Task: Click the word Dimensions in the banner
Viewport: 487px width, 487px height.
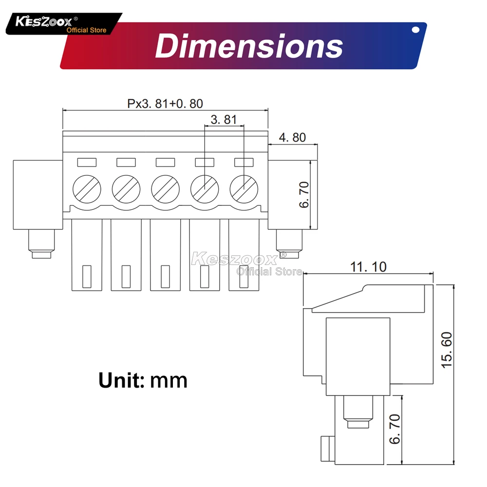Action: click(248, 47)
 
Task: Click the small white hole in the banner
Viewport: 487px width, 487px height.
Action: click(415, 30)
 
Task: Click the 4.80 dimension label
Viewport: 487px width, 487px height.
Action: click(292, 138)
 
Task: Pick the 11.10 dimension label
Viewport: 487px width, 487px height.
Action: click(368, 266)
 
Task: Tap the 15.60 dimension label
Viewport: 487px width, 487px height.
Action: click(447, 350)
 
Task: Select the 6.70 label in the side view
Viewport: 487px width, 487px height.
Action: click(395, 429)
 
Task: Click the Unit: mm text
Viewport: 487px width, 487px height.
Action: click(143, 379)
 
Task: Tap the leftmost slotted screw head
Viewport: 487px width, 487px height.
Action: click(87, 187)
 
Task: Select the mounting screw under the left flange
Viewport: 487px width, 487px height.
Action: click(41, 243)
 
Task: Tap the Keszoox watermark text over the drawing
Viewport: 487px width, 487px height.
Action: click(234, 258)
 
